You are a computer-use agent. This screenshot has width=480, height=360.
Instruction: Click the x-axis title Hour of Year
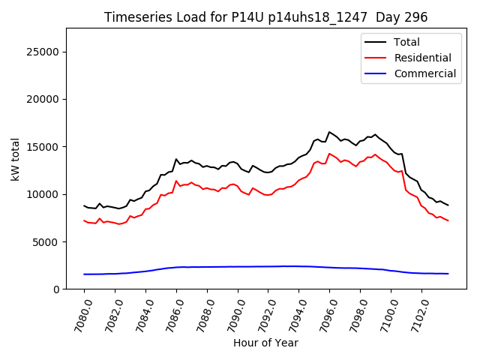click(x=266, y=343)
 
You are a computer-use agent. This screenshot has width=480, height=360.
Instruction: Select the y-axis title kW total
click(x=16, y=158)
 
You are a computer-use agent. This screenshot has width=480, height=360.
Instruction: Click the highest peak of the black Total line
click(x=329, y=132)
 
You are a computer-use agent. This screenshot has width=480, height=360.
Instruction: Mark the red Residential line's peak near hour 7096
click(x=329, y=154)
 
